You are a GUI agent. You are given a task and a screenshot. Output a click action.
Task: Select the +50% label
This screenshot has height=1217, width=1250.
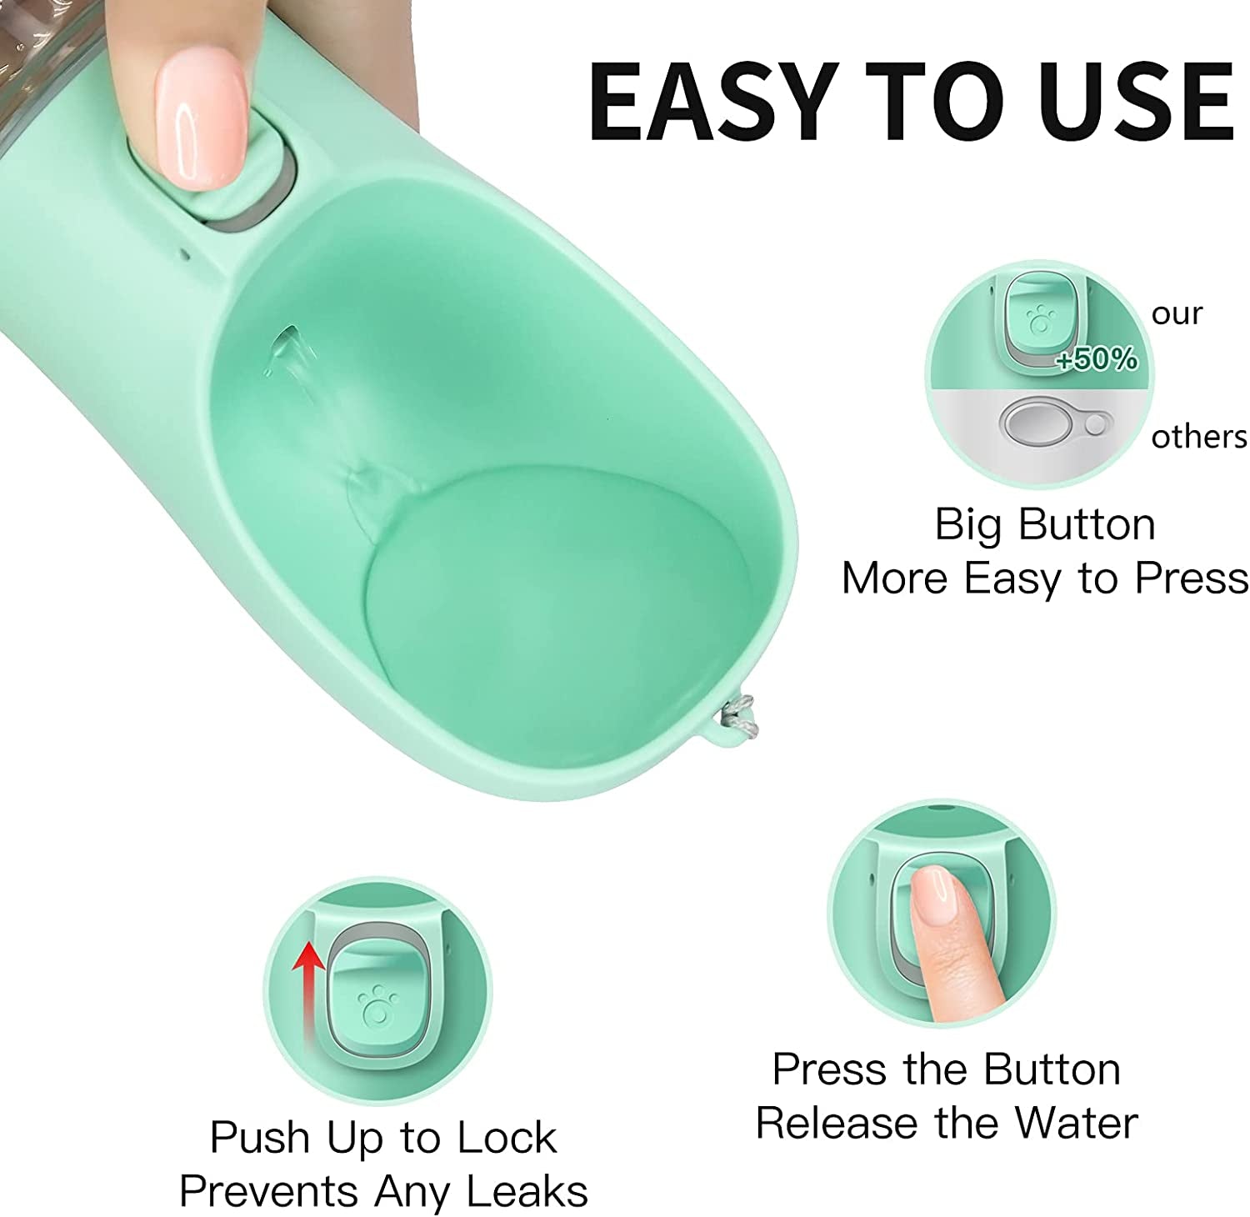(1096, 359)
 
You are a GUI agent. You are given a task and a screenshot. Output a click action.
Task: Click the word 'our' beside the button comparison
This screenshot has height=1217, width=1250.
(1177, 314)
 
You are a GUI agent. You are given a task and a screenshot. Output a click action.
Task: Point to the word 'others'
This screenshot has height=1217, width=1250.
(1198, 437)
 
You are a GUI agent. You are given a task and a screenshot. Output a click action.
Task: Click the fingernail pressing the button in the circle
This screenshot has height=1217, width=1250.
(932, 893)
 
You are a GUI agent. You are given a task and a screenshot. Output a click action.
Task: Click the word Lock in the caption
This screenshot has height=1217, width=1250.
(511, 1138)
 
